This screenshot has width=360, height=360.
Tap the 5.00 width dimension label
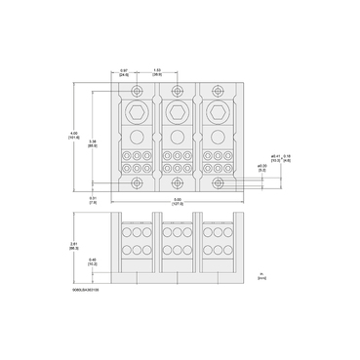(x=177, y=202)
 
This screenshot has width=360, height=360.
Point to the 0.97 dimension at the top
(x=125, y=72)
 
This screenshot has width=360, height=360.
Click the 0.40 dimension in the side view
(x=93, y=261)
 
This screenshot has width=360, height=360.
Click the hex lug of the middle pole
(x=177, y=113)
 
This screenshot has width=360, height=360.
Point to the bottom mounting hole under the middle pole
(x=177, y=182)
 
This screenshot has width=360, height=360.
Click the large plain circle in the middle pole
(x=177, y=138)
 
